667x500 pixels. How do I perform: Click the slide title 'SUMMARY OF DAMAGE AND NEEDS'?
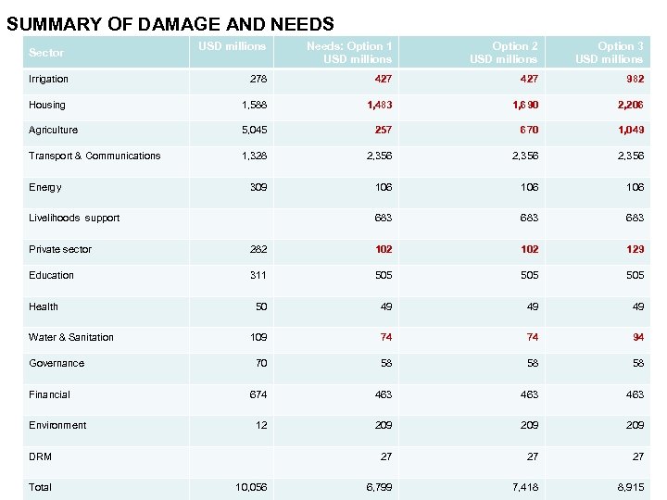170,24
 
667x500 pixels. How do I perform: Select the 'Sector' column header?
46,53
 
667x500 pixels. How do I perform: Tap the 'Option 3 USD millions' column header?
609,53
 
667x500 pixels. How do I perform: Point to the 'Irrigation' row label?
48,80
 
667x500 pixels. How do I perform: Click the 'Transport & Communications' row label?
94,156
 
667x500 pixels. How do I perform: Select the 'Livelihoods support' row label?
74,218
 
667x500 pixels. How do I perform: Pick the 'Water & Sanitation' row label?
71,337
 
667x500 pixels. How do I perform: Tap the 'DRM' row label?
40,456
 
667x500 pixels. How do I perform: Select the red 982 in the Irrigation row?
635,80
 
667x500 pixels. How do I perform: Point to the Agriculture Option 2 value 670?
529,131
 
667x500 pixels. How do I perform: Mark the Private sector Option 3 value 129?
635,249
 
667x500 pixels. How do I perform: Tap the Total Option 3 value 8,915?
627,487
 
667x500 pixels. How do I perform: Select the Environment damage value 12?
260,425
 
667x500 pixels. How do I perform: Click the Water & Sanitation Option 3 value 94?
638,337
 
